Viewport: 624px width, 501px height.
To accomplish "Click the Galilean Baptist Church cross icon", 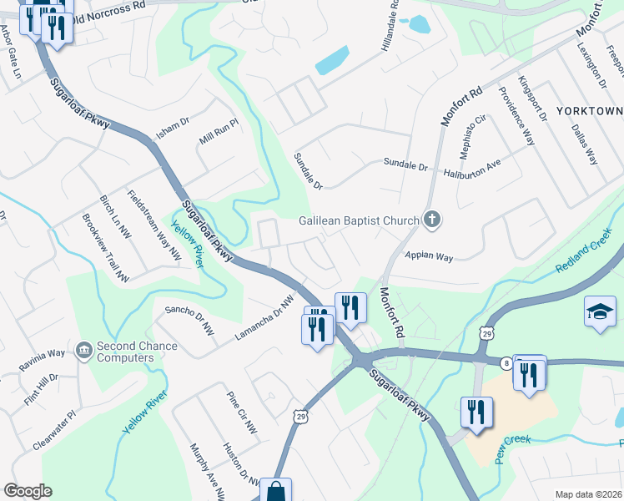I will tap(431, 220).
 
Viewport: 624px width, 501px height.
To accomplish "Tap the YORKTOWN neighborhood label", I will tap(589, 111).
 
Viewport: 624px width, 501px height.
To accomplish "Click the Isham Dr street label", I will tap(173, 129).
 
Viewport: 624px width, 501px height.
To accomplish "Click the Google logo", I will tap(28, 491).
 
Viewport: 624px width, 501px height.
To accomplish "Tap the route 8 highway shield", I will tap(506, 363).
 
